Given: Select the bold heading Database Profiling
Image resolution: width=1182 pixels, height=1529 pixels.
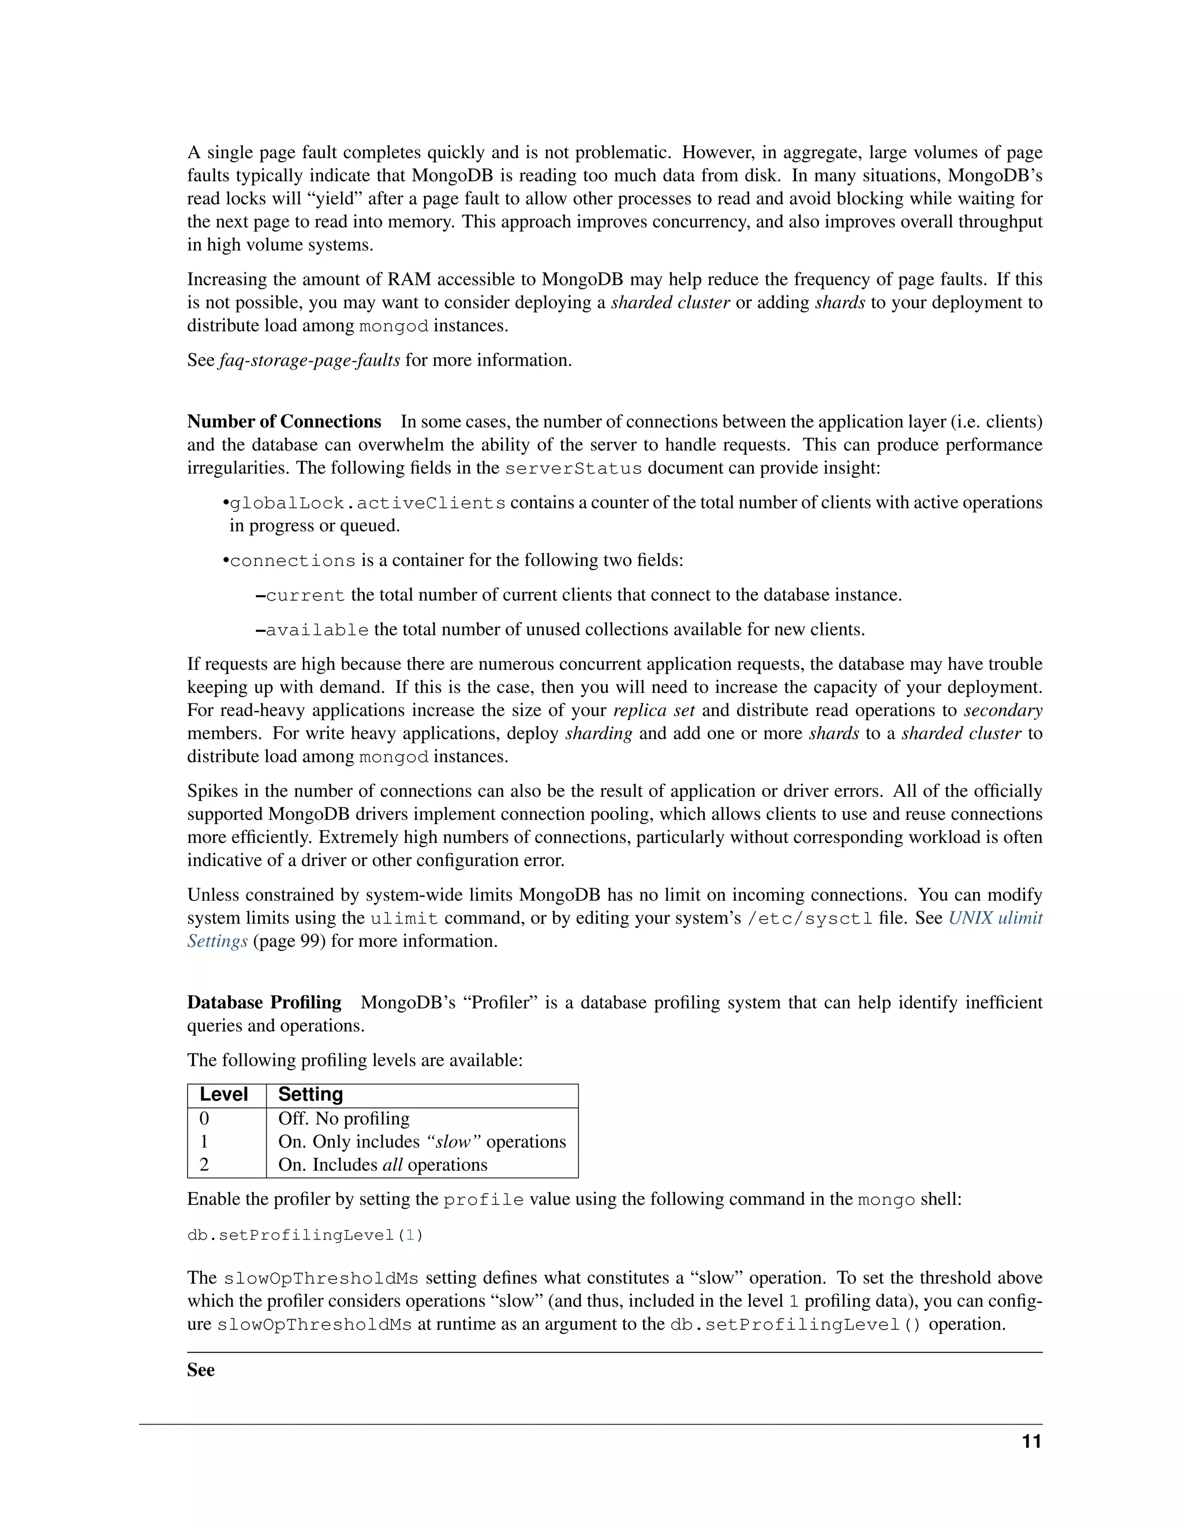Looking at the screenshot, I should [x=264, y=1003].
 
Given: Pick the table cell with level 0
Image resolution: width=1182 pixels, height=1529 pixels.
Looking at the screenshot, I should [x=204, y=1119].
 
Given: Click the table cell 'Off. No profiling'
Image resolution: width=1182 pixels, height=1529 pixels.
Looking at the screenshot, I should [x=344, y=1119].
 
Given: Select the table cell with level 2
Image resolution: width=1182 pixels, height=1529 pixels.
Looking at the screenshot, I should [x=204, y=1165].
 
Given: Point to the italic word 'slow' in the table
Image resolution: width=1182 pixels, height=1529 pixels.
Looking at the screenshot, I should [x=453, y=1142].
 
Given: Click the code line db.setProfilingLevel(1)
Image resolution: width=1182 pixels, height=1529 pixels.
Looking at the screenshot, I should [x=305, y=1235].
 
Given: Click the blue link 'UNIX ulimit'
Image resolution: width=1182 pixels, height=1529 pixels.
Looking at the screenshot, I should [x=995, y=918].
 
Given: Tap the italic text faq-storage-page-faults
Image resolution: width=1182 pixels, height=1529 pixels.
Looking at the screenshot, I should [x=309, y=361].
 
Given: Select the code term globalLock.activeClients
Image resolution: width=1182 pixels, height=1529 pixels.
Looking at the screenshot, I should [x=368, y=503].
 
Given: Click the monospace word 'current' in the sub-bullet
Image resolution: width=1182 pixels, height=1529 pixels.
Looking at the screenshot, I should [x=305, y=596].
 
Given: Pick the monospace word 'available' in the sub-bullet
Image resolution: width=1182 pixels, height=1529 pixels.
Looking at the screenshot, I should [x=317, y=630].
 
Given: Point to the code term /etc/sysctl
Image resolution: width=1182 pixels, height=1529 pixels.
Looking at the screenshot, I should [x=810, y=919].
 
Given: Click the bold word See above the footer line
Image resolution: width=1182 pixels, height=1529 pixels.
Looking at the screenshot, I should [x=201, y=1370].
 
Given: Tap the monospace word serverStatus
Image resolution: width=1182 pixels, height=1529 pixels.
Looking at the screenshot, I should [x=573, y=469].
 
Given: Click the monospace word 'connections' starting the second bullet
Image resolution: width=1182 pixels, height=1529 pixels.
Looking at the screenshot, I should [x=293, y=561].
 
